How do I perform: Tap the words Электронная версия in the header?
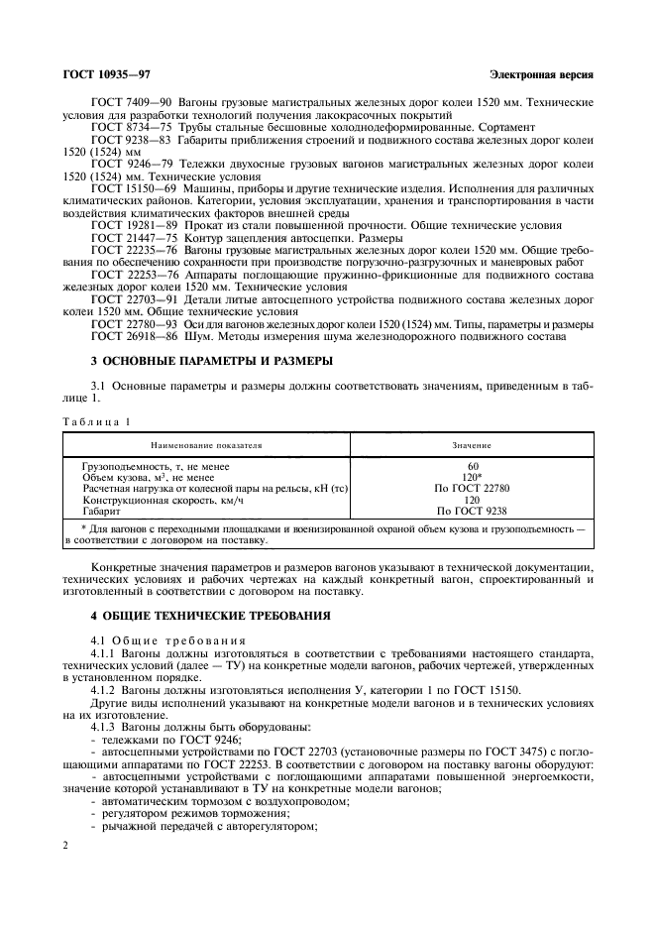pyautogui.click(x=541, y=76)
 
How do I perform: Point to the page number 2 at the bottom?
pyautogui.click(x=65, y=846)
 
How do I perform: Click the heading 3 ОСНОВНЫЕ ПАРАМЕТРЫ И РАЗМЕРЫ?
pyautogui.click(x=211, y=360)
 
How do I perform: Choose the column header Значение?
pyautogui.click(x=472, y=446)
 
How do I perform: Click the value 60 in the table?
pyautogui.click(x=472, y=465)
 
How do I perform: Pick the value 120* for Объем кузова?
pyautogui.click(x=473, y=477)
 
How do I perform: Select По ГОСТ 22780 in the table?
pyautogui.click(x=472, y=489)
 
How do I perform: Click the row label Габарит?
pyautogui.click(x=102, y=512)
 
